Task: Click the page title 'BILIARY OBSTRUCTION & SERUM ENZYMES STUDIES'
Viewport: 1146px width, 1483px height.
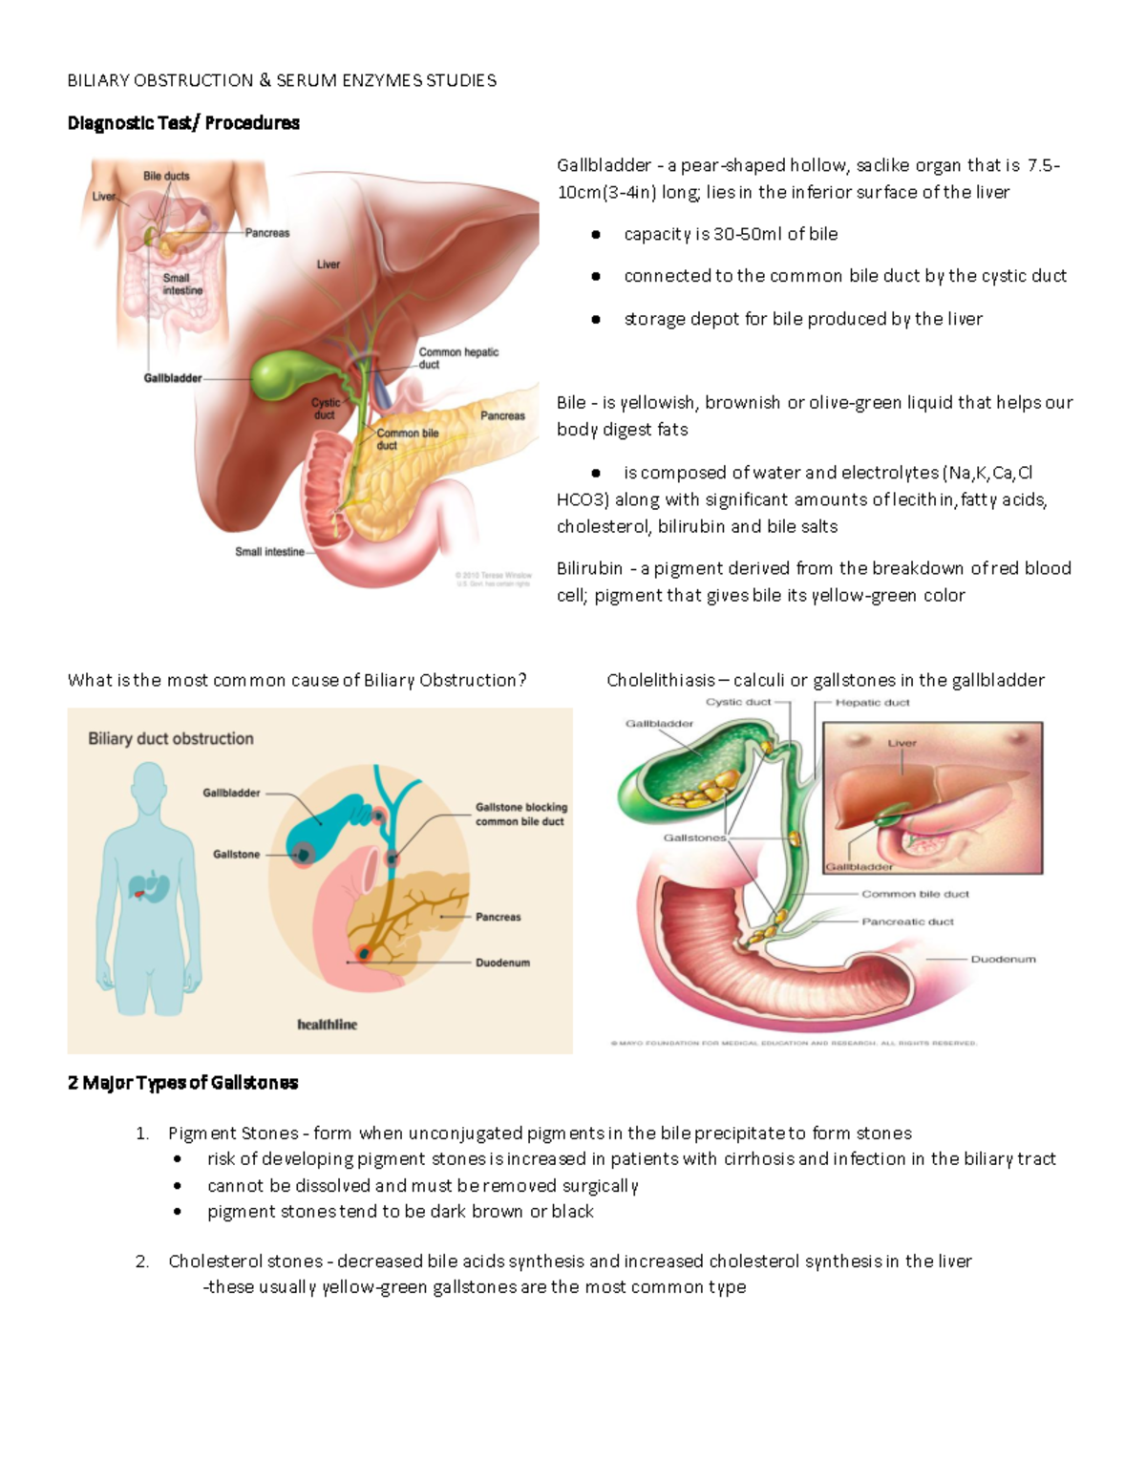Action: tap(282, 80)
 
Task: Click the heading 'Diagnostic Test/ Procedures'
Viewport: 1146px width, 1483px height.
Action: tap(183, 123)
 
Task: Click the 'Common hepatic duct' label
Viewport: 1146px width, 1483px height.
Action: tap(458, 358)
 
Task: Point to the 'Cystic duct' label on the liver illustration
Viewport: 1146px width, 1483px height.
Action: tap(326, 409)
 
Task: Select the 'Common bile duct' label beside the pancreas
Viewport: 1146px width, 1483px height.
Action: tap(408, 438)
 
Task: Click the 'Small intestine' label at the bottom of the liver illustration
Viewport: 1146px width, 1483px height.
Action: tap(269, 552)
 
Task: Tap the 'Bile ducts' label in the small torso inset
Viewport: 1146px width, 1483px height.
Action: tap(166, 176)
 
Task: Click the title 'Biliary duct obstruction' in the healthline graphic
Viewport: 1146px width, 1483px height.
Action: tap(171, 738)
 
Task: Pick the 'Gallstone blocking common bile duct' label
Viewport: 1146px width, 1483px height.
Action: tap(520, 814)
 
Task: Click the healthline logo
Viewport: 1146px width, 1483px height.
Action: tap(327, 1025)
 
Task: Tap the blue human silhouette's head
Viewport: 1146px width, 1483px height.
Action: tap(149, 785)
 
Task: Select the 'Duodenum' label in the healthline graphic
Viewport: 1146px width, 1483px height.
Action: tap(502, 963)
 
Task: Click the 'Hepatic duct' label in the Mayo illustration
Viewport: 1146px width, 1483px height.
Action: tap(872, 703)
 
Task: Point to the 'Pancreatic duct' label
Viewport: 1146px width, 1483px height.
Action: tap(907, 922)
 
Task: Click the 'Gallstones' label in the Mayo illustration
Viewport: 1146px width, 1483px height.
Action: tap(694, 837)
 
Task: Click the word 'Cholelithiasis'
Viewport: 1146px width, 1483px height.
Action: tap(660, 680)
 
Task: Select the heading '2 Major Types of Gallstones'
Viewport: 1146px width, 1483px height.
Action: tap(183, 1083)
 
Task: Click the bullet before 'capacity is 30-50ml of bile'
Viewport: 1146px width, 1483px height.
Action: tap(596, 234)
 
